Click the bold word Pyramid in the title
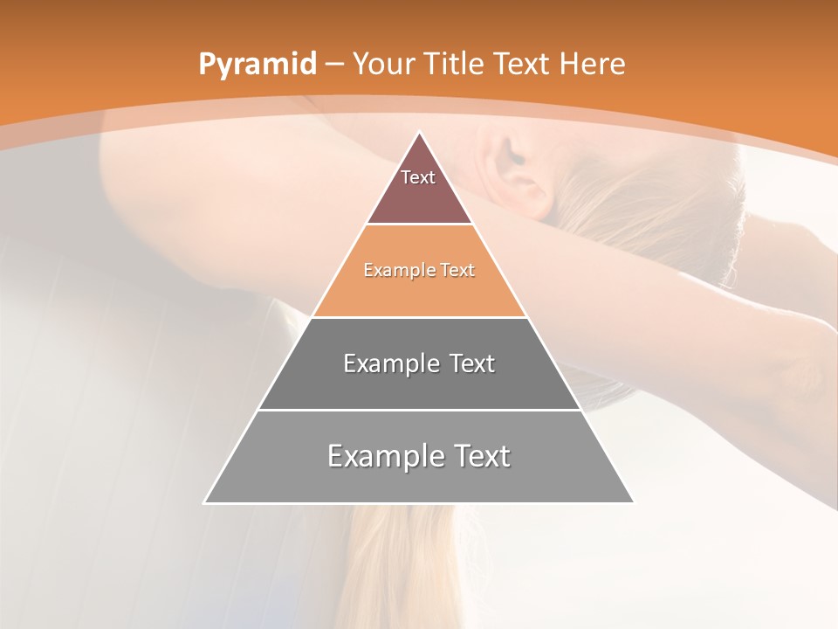click(x=258, y=65)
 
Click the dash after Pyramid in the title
click(x=333, y=65)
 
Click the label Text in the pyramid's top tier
click(x=418, y=177)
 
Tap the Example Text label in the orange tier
click(x=419, y=270)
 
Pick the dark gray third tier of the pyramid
click(x=419, y=389)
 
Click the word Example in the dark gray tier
click(x=389, y=363)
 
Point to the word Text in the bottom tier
click(x=481, y=456)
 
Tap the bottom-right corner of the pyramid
click(x=633, y=502)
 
